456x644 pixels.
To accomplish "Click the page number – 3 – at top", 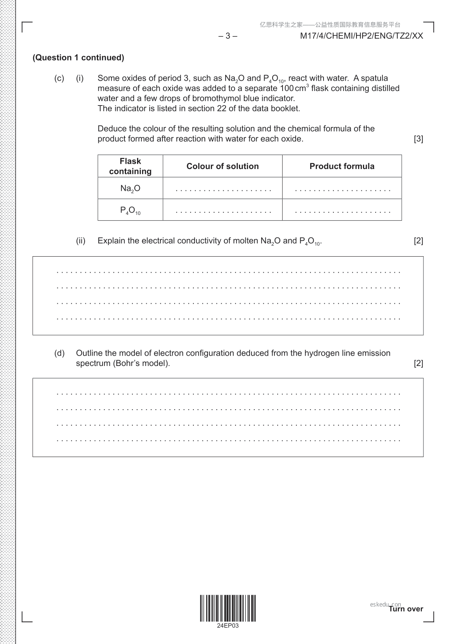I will click(x=227, y=36).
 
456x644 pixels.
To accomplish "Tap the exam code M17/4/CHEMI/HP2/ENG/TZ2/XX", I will click(x=361, y=36).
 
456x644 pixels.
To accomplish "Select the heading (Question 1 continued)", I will click(x=78, y=58).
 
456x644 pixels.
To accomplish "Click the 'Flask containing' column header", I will click(x=130, y=166).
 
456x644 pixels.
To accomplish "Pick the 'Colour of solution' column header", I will click(x=222, y=166).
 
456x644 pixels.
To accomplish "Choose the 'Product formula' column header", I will click(x=342, y=166).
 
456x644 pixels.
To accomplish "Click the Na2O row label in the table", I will click(x=130, y=188).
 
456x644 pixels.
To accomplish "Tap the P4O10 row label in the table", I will click(x=130, y=210).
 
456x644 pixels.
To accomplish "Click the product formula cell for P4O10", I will click(x=342, y=211).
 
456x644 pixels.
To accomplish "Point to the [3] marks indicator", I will click(x=418, y=139).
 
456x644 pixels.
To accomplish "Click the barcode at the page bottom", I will click(x=227, y=608).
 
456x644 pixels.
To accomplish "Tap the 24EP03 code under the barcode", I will click(x=227, y=626).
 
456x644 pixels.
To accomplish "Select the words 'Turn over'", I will click(x=406, y=609).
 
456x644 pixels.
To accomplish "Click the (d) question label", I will click(x=59, y=353).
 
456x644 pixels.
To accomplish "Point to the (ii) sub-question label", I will click(x=81, y=241).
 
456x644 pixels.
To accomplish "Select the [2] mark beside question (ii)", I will click(x=418, y=241).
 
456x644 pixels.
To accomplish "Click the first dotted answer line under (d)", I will click(x=228, y=394).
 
